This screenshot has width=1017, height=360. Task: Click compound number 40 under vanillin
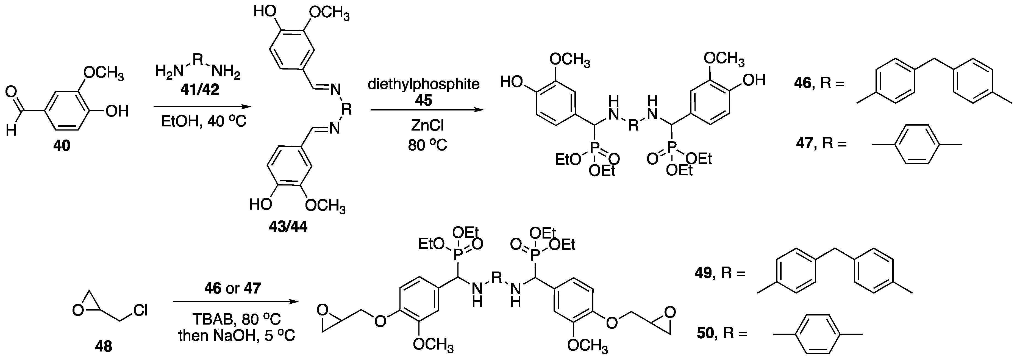pos(62,146)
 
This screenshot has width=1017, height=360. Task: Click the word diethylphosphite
pos(424,84)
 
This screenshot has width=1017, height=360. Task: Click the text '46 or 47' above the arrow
pos(232,289)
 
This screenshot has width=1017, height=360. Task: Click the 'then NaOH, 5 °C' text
pos(237,336)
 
